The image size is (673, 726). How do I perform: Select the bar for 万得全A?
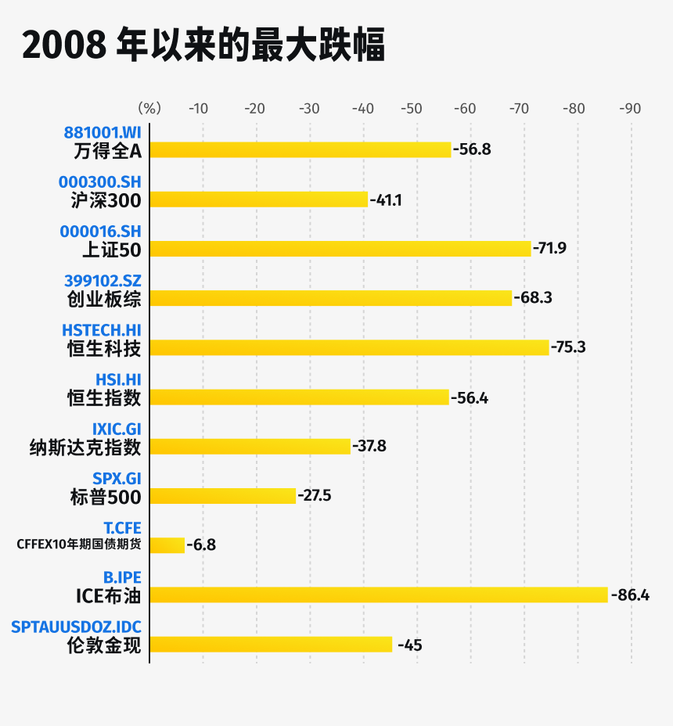pos(301,149)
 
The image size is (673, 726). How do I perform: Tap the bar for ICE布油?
pos(379,595)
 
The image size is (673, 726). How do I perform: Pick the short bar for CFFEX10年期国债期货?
pos(167,545)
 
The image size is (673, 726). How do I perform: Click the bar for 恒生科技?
pos(349,347)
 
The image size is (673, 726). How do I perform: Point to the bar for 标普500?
pos(223,496)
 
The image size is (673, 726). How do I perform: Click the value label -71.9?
pos(549,249)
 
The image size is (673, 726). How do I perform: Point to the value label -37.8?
pos(369,447)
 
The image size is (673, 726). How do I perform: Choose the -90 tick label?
pos(630,109)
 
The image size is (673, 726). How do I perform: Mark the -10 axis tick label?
pos(198,109)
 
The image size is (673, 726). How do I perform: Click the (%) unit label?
pos(149,109)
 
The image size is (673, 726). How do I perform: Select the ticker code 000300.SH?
pos(100,181)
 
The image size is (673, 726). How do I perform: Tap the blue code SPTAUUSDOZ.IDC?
pos(77,627)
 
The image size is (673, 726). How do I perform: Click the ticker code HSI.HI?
pos(118,379)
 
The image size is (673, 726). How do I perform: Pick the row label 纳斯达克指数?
pos(85,447)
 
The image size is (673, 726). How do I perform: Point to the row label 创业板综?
pos(104,299)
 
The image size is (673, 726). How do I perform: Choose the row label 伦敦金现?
pos(104,645)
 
